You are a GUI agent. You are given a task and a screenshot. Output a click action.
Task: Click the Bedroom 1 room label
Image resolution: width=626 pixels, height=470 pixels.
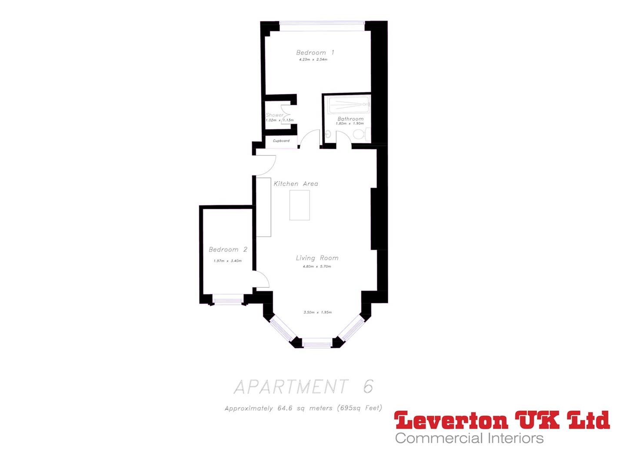(315, 53)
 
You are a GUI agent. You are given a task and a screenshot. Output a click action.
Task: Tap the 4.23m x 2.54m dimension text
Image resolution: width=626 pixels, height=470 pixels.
(313, 60)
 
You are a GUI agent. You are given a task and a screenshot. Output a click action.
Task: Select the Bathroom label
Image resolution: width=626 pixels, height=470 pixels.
(350, 119)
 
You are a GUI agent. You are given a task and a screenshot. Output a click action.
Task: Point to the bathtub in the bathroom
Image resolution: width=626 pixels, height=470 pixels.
(349, 104)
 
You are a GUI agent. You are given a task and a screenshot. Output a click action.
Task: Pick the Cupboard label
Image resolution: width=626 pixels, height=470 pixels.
(281, 141)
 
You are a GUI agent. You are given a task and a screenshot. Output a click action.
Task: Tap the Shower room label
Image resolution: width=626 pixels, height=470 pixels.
(274, 115)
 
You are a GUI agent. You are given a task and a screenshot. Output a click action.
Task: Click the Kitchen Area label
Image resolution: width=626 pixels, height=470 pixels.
(296, 184)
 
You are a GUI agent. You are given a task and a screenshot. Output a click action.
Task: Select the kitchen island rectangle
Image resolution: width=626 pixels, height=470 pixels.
(300, 205)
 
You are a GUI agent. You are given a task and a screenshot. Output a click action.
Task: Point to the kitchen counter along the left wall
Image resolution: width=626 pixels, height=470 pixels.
(263, 207)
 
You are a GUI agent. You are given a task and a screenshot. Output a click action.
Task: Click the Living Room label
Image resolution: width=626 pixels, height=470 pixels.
(317, 258)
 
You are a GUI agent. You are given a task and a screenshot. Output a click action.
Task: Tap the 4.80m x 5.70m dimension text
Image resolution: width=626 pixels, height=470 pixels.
(317, 266)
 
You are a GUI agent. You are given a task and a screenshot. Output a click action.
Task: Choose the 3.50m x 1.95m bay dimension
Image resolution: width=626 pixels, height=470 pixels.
(317, 312)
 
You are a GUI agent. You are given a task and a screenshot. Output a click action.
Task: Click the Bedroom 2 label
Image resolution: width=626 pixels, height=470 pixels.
(228, 250)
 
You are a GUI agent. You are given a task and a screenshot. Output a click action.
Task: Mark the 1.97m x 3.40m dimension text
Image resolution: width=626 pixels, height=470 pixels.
(227, 261)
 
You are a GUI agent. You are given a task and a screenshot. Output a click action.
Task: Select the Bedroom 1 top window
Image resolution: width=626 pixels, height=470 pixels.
(322, 26)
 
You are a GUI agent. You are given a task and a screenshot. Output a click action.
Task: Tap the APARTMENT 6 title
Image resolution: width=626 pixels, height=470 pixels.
(303, 386)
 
